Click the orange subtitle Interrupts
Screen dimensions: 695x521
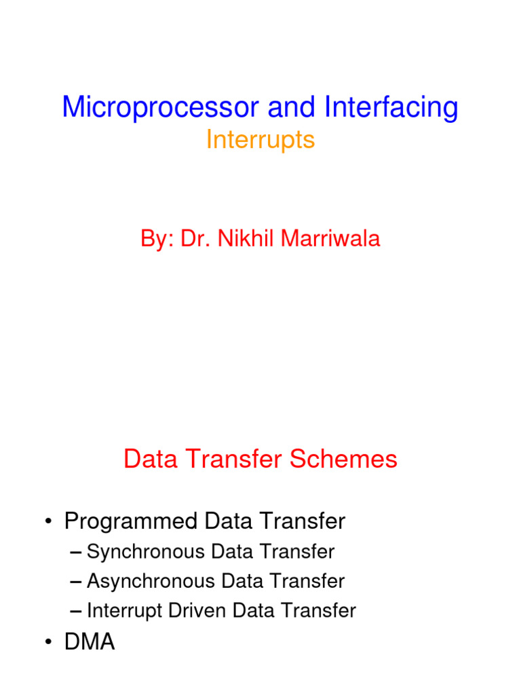click(x=260, y=140)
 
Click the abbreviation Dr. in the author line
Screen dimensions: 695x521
click(x=197, y=238)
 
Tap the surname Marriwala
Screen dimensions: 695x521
click(x=331, y=238)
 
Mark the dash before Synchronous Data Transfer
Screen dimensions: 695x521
click(x=76, y=552)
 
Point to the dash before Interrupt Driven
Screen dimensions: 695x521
click(x=76, y=611)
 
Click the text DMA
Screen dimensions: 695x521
click(x=90, y=642)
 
